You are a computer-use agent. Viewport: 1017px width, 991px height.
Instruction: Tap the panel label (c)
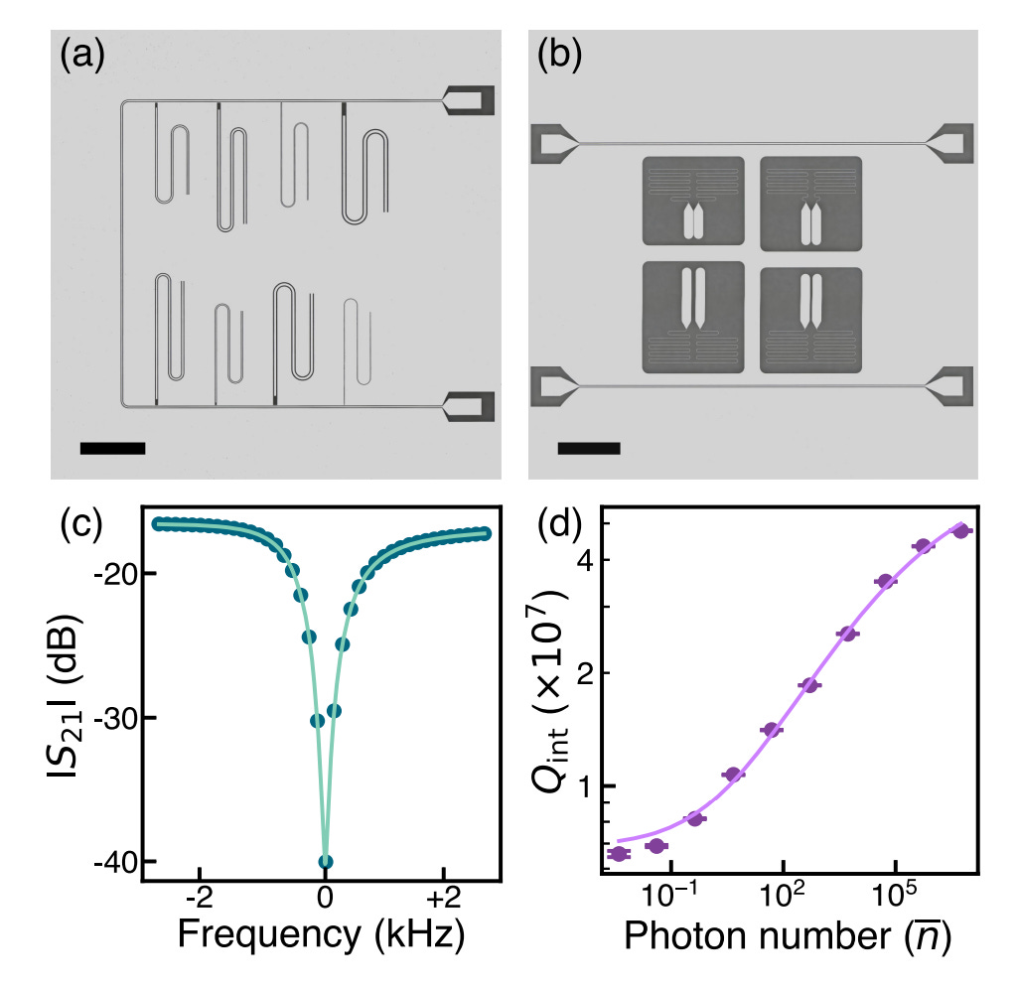[81, 524]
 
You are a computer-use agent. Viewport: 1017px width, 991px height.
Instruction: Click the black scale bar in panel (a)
[112, 448]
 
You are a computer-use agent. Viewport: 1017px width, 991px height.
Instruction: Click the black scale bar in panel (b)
[589, 448]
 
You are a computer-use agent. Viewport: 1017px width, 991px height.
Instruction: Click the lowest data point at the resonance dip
[325, 861]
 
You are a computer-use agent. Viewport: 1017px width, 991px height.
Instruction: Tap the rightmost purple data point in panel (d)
[960, 531]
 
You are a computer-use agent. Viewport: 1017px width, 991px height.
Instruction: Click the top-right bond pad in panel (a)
[469, 99]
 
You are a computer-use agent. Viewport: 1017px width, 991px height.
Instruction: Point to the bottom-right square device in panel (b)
[810, 316]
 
